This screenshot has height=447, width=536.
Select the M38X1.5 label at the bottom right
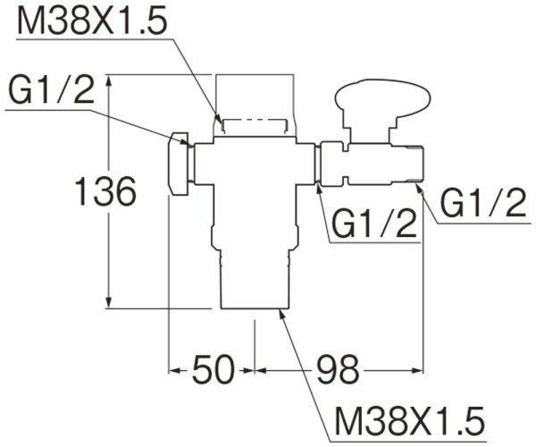(406, 417)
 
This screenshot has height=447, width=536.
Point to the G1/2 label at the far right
(483, 207)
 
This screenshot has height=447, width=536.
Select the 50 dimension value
(212, 367)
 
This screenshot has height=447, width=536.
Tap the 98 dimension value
(337, 367)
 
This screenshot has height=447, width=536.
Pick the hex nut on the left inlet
(180, 164)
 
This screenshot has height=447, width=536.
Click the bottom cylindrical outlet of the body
(254, 281)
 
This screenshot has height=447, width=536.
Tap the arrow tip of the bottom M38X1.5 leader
(279, 311)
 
